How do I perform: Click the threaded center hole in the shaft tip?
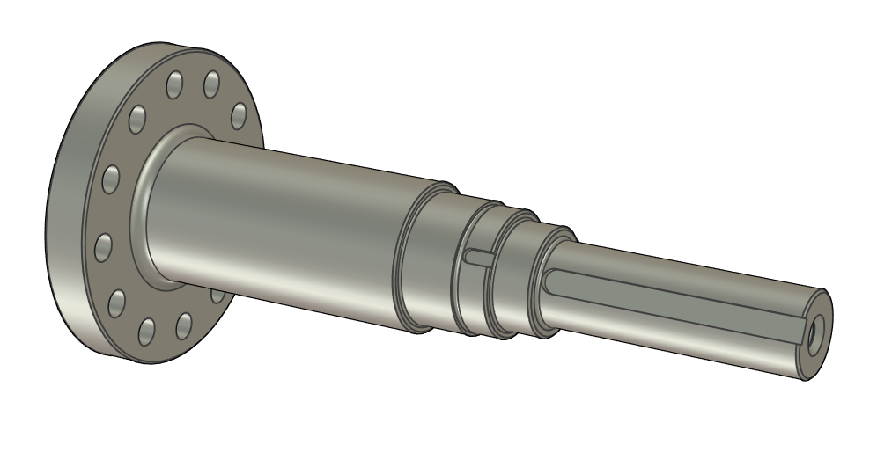coord(813,334)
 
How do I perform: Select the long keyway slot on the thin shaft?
coord(669,299)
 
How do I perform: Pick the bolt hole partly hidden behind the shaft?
coord(217,295)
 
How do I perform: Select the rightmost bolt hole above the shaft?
coord(239,115)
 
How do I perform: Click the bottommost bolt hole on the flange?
coord(147,332)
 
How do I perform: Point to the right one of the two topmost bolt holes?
coord(211,84)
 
